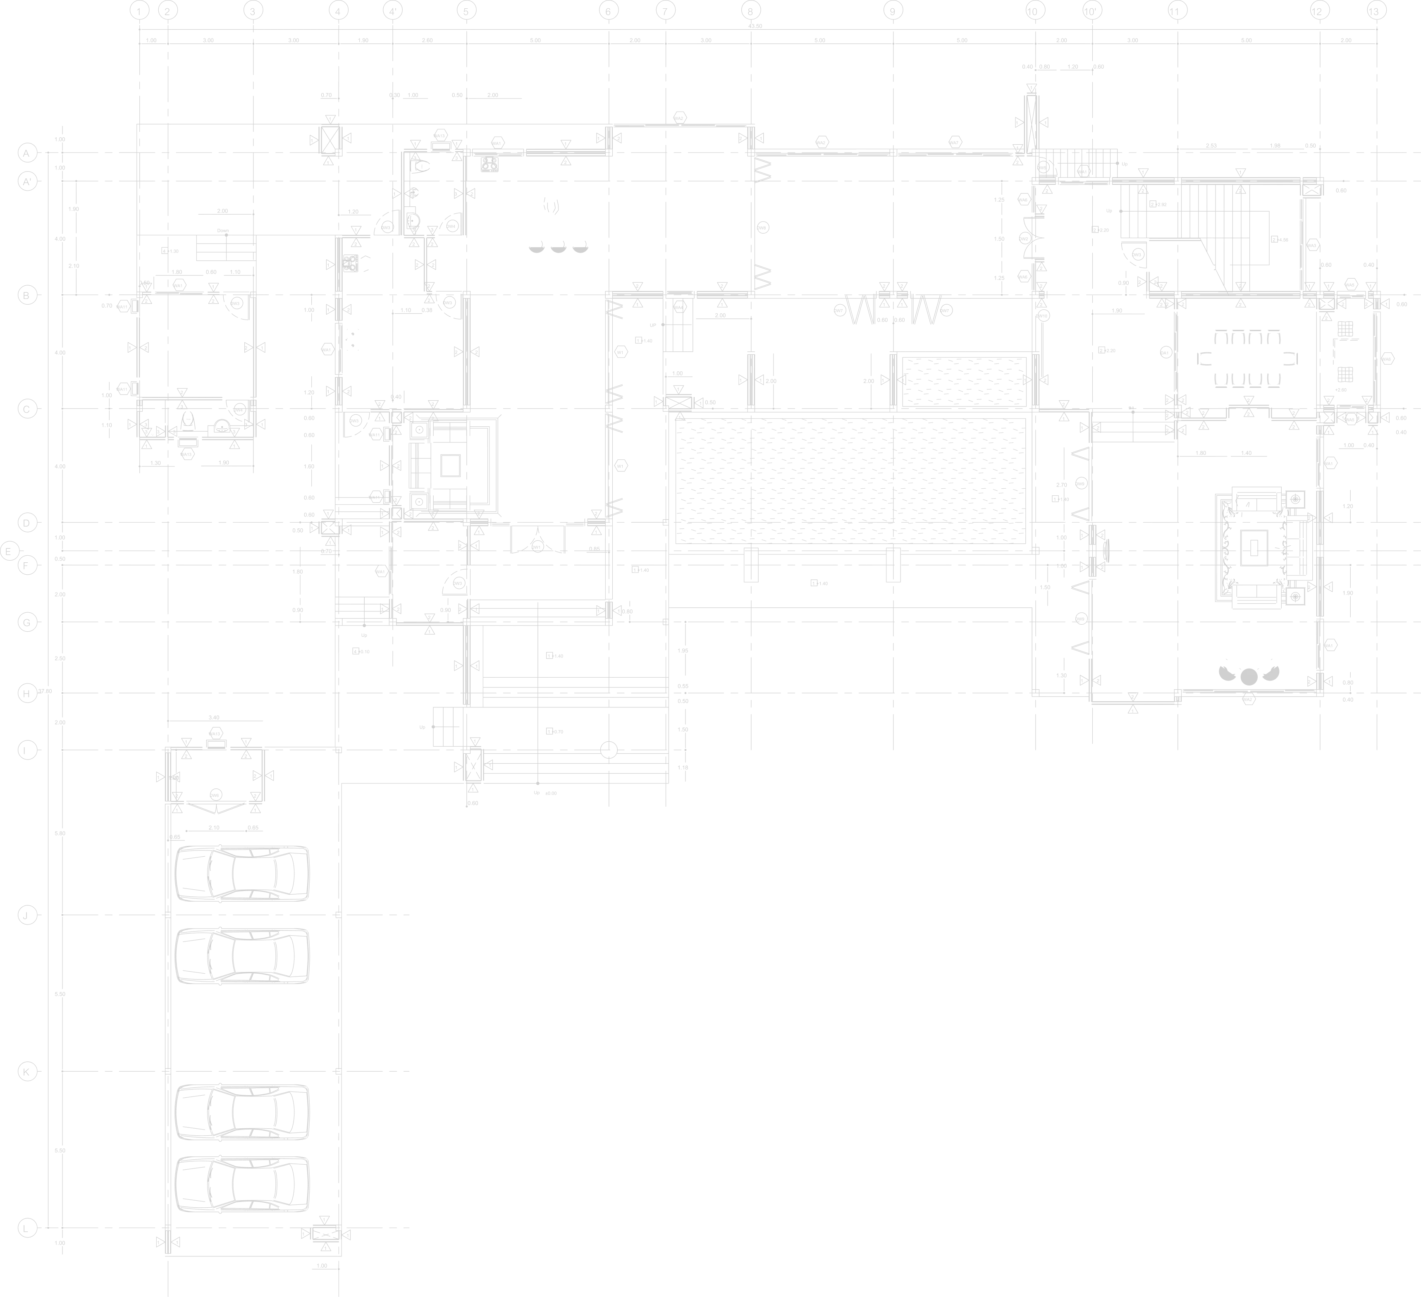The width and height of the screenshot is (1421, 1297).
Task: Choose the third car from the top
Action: tap(241, 1112)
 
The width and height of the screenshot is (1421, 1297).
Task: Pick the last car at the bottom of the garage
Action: tap(241, 1184)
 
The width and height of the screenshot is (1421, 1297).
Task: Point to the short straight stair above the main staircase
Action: tap(1078, 164)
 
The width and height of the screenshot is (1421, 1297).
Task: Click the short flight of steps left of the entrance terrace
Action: tap(444, 726)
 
